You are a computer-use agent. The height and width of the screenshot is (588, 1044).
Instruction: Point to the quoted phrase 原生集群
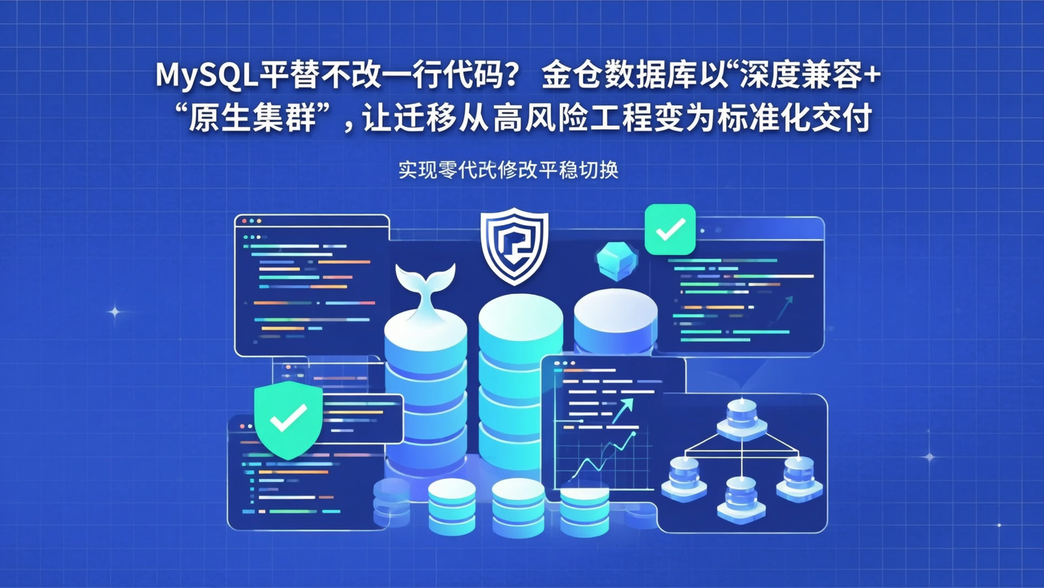252,118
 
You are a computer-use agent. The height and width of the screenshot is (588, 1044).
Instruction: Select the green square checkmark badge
670,229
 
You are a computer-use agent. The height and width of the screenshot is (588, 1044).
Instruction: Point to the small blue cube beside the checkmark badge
616,261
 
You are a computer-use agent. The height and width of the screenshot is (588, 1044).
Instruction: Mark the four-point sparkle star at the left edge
114,311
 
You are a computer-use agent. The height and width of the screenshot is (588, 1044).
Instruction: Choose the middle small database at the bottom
518,507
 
